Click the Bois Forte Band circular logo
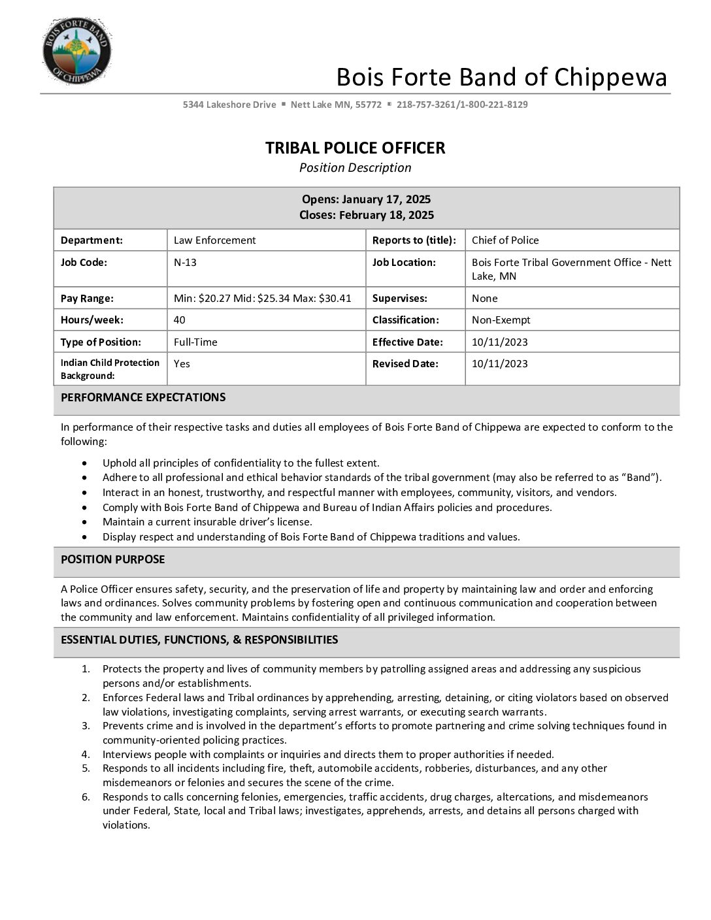pos(76,51)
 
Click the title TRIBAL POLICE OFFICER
pos(355,148)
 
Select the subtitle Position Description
pos(355,168)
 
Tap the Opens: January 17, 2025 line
pos(366,199)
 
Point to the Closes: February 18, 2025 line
pos(366,215)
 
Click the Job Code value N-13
pos(185,263)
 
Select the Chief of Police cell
pos(505,240)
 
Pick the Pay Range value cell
pos(262,299)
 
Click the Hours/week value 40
pos(180,320)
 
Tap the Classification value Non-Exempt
pos(501,320)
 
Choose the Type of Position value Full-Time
pos(195,342)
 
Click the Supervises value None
pos(485,299)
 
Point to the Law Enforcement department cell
pos(214,240)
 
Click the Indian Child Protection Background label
pos(110,369)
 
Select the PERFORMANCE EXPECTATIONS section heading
pos(143,397)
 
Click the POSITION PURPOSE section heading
pos(113,559)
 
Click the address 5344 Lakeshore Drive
pos(229,105)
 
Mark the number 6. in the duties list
pos(86,797)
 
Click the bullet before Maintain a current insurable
pos(85,522)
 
